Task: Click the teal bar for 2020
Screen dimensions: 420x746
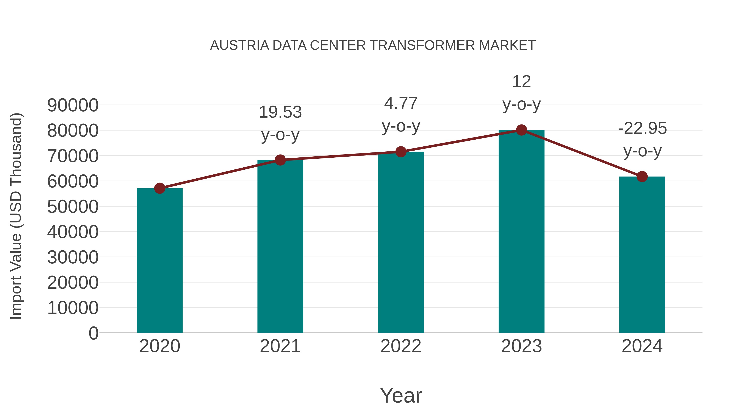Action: (160, 261)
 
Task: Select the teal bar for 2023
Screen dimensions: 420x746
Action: (521, 232)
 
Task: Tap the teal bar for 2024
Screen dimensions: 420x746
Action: (642, 255)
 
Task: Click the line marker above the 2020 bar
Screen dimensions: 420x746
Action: (160, 188)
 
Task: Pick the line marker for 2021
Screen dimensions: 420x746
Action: (280, 160)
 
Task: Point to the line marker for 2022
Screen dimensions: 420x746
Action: (401, 152)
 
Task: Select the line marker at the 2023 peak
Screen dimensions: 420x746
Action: (521, 130)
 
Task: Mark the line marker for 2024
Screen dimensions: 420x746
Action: (642, 177)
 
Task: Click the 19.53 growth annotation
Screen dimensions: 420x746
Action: (280, 112)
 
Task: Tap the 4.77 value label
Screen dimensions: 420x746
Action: (401, 103)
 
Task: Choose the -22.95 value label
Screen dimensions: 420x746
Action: (642, 128)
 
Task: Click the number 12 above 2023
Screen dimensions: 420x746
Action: (521, 82)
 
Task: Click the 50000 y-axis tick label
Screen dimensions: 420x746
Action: (73, 207)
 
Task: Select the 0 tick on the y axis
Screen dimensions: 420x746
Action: (93, 333)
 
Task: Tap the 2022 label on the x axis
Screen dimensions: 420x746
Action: (401, 346)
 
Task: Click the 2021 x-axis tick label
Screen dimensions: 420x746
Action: (280, 346)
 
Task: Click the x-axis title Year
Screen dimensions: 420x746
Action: (401, 396)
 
